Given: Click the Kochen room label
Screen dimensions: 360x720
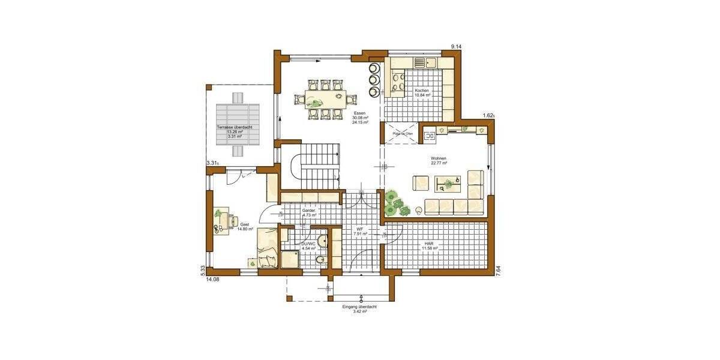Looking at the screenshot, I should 422,90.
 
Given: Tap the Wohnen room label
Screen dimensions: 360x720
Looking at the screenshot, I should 439,158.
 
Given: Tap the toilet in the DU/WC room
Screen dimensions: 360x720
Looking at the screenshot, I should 320,260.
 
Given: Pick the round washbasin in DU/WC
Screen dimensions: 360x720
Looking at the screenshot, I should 322,241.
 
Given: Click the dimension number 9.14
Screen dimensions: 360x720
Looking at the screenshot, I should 457,46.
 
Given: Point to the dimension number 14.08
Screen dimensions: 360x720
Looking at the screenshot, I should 212,279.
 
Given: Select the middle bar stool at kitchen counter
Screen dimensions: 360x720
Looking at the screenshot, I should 374,79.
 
